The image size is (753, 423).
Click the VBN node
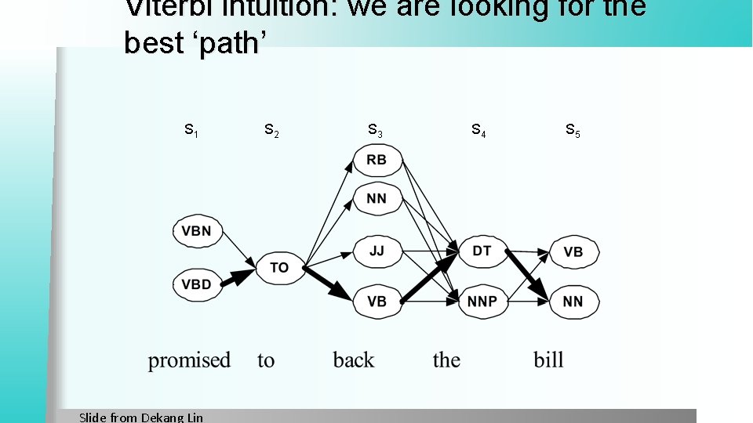click(x=197, y=231)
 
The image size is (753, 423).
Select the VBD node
click(x=197, y=284)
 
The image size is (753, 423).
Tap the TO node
click(x=279, y=267)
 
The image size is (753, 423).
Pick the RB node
click(x=376, y=160)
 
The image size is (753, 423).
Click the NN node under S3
click(x=376, y=198)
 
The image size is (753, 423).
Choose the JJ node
click(x=376, y=251)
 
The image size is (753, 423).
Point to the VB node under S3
click(x=376, y=302)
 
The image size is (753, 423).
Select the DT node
click(x=482, y=251)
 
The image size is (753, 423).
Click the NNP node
click(x=482, y=302)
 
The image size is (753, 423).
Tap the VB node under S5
click(x=573, y=251)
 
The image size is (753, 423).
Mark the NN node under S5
click(x=573, y=302)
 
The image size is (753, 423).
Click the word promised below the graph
click(x=189, y=360)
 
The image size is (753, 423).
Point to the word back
click(x=354, y=360)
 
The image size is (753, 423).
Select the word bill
click(x=549, y=360)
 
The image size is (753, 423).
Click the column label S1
click(x=191, y=129)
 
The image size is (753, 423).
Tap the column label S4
click(x=478, y=129)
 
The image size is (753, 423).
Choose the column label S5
click(x=573, y=129)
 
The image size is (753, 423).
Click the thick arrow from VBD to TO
click(x=238, y=276)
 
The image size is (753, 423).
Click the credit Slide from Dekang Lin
click(x=141, y=417)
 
